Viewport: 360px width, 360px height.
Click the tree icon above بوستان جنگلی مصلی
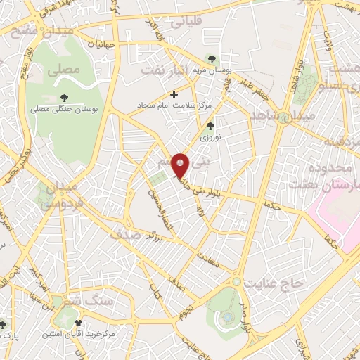[64, 98]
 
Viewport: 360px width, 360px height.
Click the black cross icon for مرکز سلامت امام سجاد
[174, 94]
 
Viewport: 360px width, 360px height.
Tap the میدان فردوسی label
[56, 194]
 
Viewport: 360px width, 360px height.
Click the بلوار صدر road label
[243, 313]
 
